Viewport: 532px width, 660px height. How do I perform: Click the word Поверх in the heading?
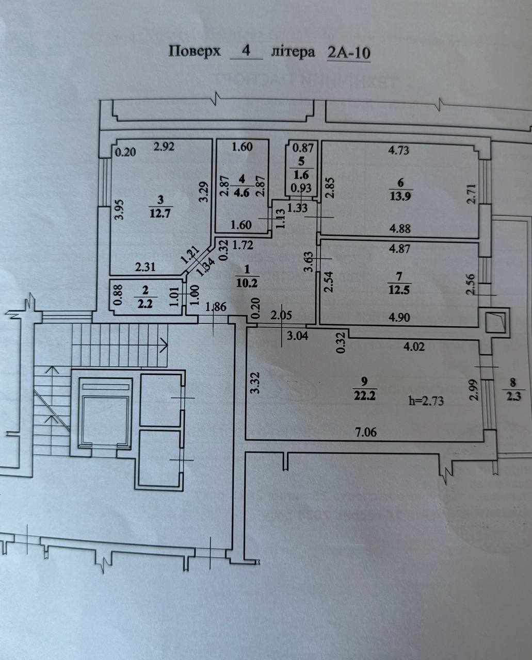[x=195, y=52]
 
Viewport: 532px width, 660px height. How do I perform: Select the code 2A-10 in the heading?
[x=349, y=53]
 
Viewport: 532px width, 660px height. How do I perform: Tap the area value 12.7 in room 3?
[x=160, y=213]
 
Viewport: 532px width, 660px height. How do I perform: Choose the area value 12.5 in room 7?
[x=399, y=290]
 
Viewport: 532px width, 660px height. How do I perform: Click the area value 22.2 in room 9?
[x=365, y=395]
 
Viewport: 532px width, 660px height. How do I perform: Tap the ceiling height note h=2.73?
[x=426, y=400]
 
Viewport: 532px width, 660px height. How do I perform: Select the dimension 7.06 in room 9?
[x=366, y=432]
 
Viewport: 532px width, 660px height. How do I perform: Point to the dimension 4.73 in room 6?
[x=398, y=150]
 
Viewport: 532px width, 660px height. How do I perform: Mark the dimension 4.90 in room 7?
[x=399, y=317]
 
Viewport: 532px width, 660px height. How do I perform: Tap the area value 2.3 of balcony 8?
[x=512, y=397]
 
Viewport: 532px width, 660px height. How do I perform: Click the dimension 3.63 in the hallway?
[x=308, y=261]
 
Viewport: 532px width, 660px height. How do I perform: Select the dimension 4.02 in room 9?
[x=414, y=346]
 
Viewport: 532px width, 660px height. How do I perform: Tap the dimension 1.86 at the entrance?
[x=216, y=308]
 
